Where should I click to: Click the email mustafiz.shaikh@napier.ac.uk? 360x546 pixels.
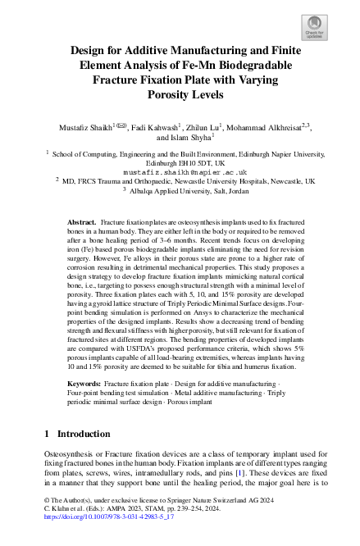click(x=180, y=173)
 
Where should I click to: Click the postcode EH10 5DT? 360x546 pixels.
click(x=198, y=162)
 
